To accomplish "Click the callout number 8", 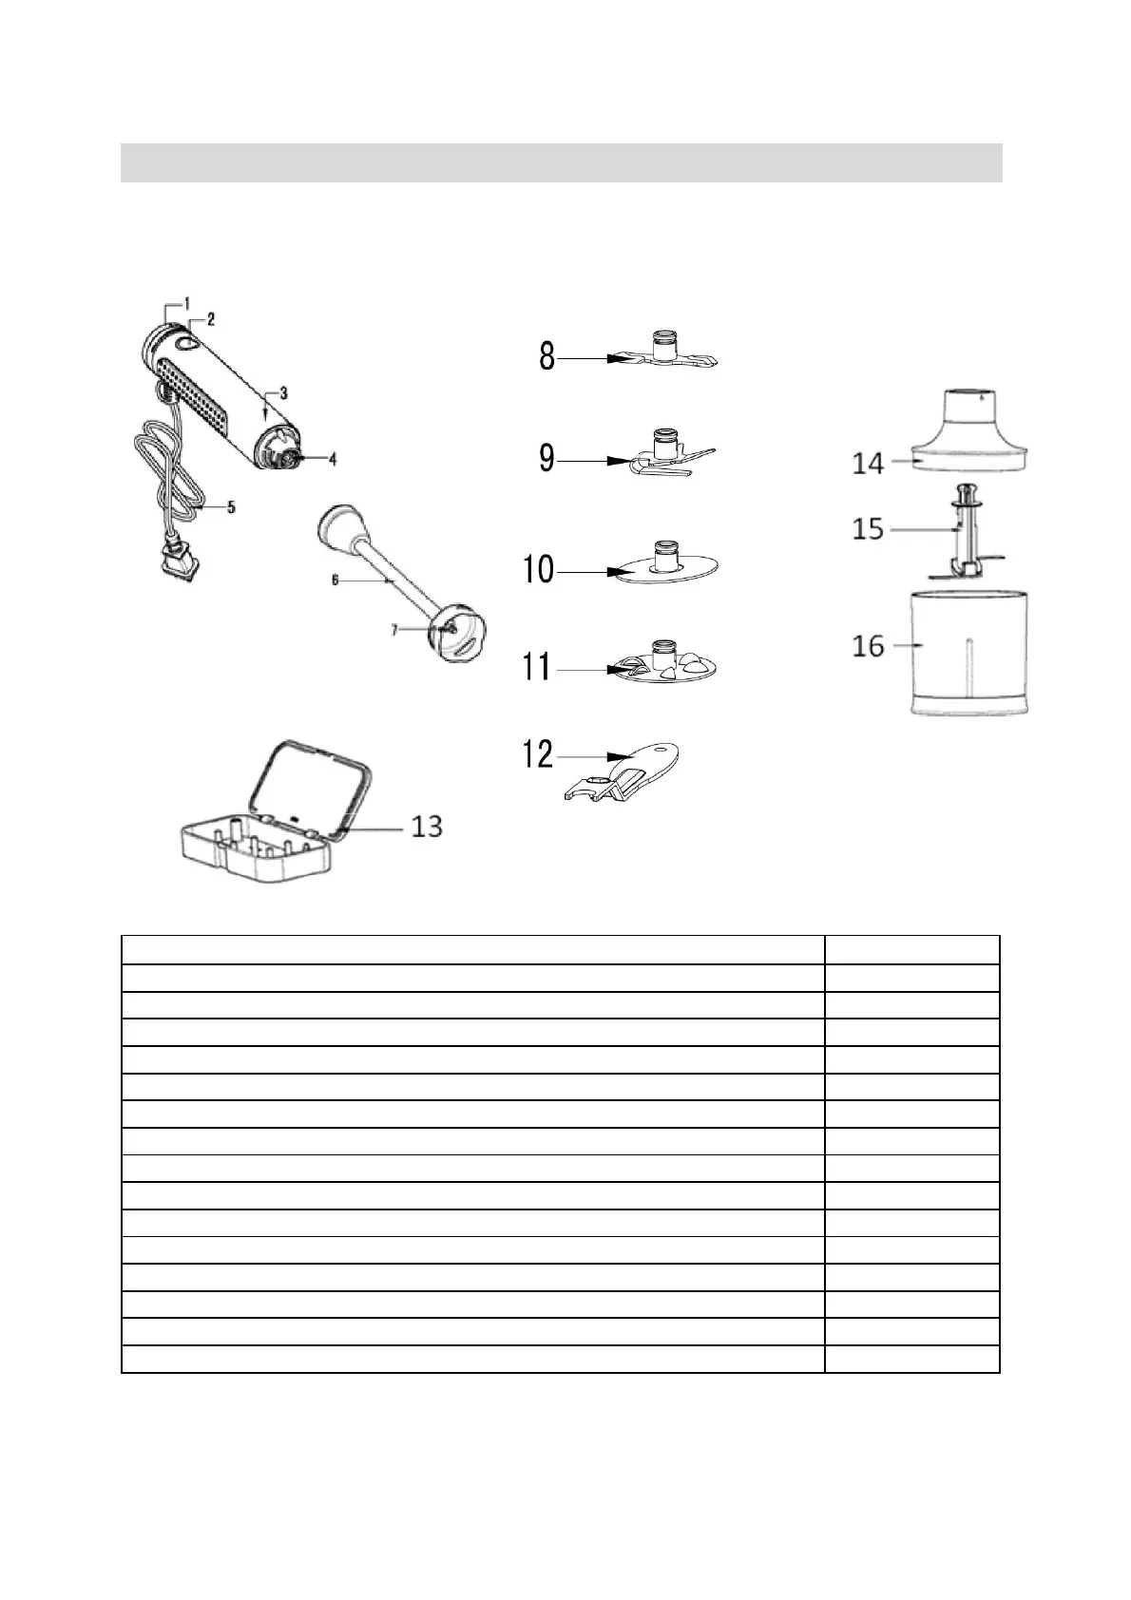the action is [546, 357].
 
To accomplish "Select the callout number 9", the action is [546, 459].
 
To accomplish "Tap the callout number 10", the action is [538, 570].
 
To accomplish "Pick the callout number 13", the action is [427, 827].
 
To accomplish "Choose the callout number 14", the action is [868, 464].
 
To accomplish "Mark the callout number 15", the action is [868, 528].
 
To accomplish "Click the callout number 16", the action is [868, 646].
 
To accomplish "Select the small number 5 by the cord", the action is [231, 507].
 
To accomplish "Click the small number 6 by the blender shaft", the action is [335, 580].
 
